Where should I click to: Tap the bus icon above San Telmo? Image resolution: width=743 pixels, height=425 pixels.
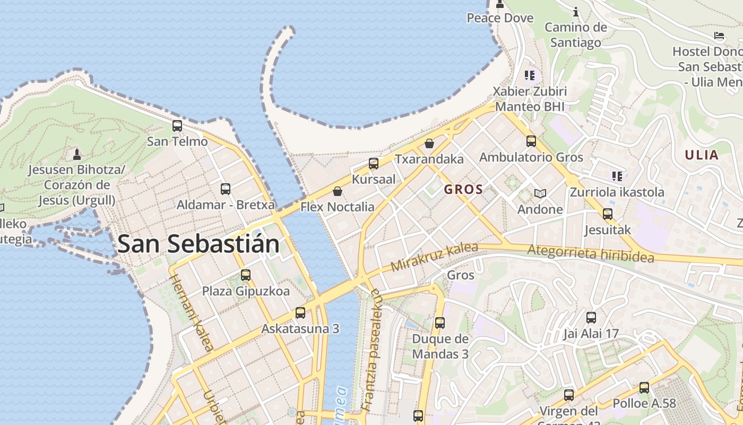177,126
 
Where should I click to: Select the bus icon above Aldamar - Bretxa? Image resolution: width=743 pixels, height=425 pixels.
226,189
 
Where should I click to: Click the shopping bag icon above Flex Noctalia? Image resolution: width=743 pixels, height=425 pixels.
338,191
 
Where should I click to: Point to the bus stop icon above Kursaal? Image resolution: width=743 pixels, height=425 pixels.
374,163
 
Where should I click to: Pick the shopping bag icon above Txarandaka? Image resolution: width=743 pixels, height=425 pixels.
429,143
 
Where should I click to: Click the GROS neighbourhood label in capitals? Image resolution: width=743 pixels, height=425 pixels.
463,189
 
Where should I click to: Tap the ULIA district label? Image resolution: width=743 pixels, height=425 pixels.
701,155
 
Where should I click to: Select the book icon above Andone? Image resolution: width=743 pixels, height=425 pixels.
540,193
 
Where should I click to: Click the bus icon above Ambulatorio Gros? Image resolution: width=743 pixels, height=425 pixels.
531,141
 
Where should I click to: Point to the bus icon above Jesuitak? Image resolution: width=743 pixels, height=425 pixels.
608,214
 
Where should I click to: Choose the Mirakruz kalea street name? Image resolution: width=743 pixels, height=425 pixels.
434,257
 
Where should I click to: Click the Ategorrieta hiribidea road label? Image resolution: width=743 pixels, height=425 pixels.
591,253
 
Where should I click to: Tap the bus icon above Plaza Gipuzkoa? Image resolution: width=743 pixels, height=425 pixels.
246,275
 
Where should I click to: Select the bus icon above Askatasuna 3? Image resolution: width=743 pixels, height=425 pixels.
300,313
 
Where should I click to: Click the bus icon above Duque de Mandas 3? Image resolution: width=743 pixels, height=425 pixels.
440,322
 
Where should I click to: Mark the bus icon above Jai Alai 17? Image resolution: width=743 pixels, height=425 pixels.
591,318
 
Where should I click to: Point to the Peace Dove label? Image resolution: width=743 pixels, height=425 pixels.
500,18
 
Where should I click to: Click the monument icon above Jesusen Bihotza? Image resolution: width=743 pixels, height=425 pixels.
77,155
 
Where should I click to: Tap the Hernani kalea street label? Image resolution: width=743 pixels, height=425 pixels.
191,313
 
